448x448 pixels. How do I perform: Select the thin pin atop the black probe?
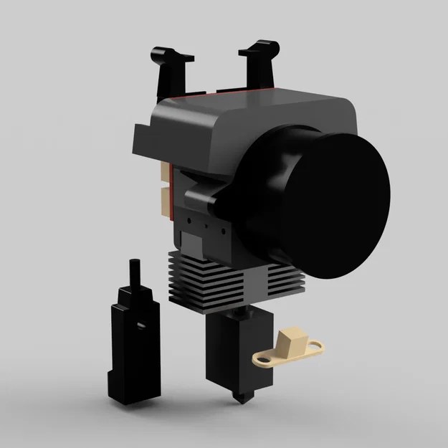pyautogui.click(x=134, y=272)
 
